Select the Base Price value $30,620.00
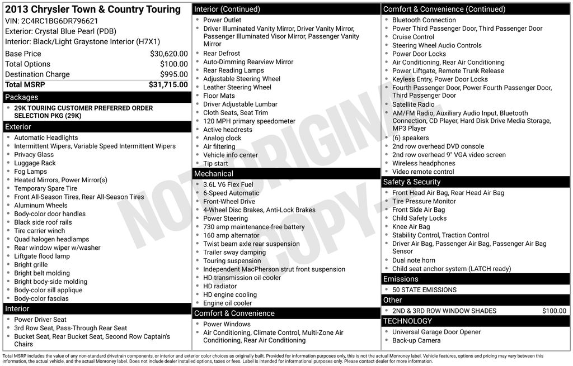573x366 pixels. click(x=168, y=54)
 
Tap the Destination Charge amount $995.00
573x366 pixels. click(x=173, y=74)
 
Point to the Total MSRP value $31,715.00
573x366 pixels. click(x=168, y=85)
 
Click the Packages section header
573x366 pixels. click(x=22, y=97)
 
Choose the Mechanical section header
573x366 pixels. click(x=214, y=174)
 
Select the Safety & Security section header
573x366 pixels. click(x=412, y=182)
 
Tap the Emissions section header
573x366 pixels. click(x=401, y=279)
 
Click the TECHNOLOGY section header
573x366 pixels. click(x=407, y=321)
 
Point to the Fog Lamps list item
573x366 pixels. click(x=31, y=172)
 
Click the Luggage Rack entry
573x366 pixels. click(x=35, y=163)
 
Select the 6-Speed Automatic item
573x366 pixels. click(x=231, y=193)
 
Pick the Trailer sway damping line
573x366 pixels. click(x=234, y=253)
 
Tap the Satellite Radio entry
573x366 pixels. click(x=414, y=104)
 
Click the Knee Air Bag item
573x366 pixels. click(x=411, y=227)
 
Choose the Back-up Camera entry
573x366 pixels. click(x=416, y=340)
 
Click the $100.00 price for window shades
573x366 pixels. click(x=554, y=311)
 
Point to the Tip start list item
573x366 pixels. click(x=215, y=164)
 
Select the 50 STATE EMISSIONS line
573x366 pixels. click(x=424, y=290)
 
